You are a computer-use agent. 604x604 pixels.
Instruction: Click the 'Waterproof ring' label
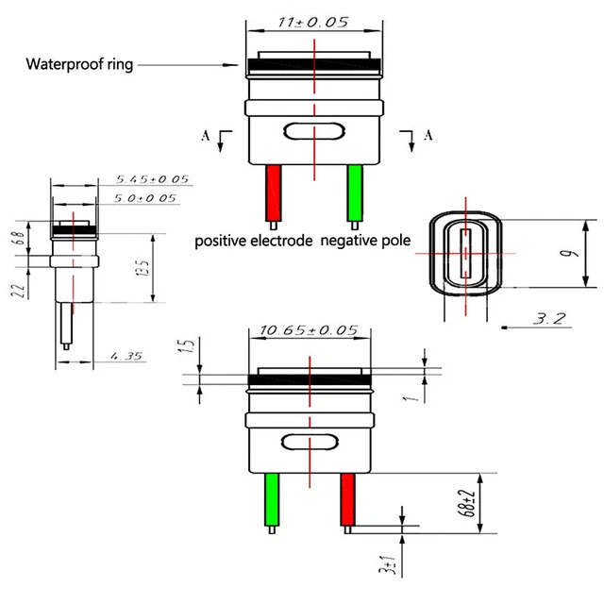pos(79,65)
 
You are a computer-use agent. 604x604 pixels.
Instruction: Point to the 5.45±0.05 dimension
pos(152,179)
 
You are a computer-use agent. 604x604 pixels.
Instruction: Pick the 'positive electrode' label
pos(253,241)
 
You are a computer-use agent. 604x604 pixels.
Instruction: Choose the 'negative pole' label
pos(365,241)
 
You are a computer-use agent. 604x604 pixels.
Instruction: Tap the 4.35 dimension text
pos(127,356)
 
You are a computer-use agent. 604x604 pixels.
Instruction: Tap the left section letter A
pos(206,136)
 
